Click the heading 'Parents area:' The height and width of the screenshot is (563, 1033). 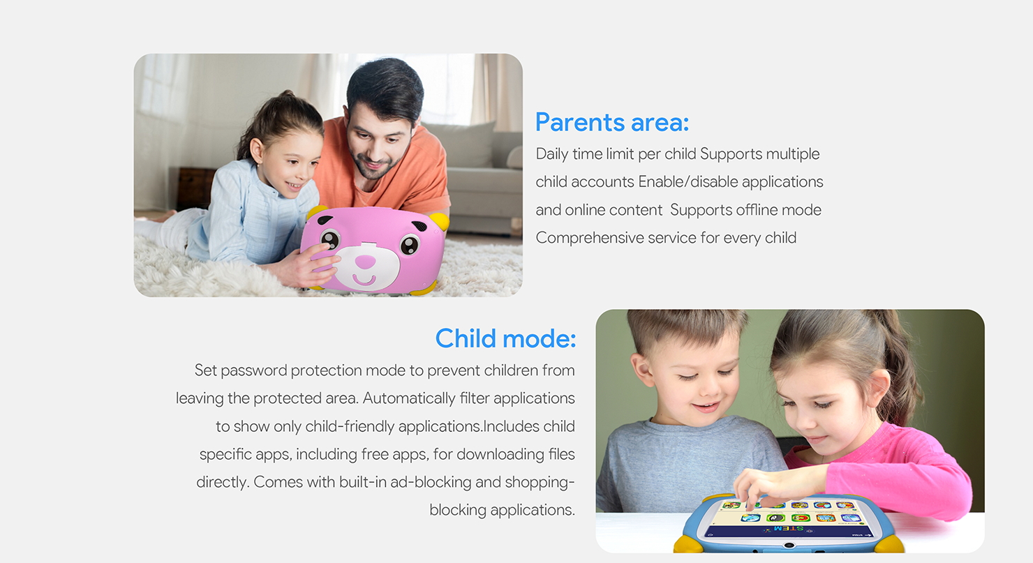tap(612, 123)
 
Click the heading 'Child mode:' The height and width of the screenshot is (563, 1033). tap(505, 338)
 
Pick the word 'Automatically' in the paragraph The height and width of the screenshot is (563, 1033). tap(409, 398)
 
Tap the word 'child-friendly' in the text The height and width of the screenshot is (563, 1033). tap(350, 426)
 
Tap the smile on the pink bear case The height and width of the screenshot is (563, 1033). tap(364, 280)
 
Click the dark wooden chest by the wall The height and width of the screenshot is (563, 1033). tap(195, 188)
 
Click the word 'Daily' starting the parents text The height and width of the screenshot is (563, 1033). tap(552, 154)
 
